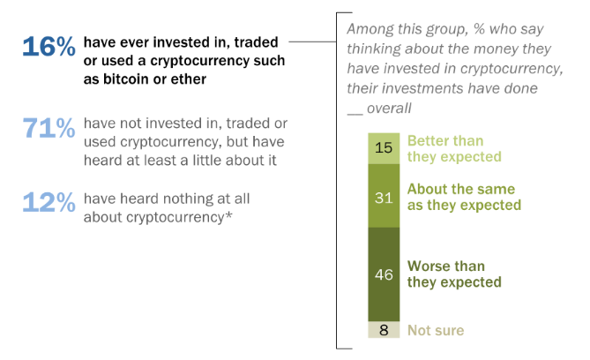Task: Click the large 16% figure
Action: pyautogui.click(x=49, y=47)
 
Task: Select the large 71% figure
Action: pyautogui.click(x=49, y=129)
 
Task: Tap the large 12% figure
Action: pyautogui.click(x=49, y=202)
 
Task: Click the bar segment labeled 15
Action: pyautogui.click(x=383, y=147)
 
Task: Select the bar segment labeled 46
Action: pyautogui.click(x=383, y=274)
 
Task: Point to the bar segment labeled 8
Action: pyautogui.click(x=383, y=330)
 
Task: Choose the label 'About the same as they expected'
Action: pyautogui.click(x=460, y=198)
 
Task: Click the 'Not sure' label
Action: pyautogui.click(x=435, y=330)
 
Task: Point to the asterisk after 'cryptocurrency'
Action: pyautogui.click(x=229, y=214)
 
